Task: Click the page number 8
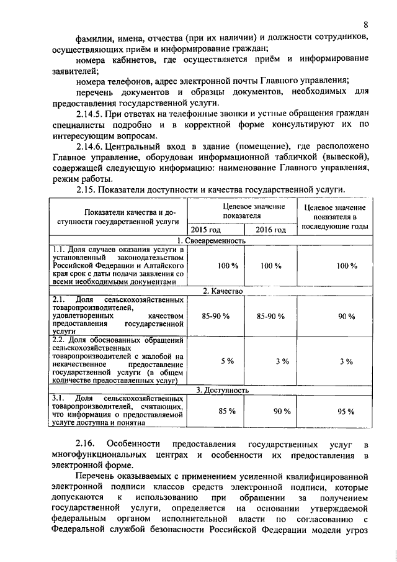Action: [x=367, y=25]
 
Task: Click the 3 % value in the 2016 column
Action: [x=283, y=361]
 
